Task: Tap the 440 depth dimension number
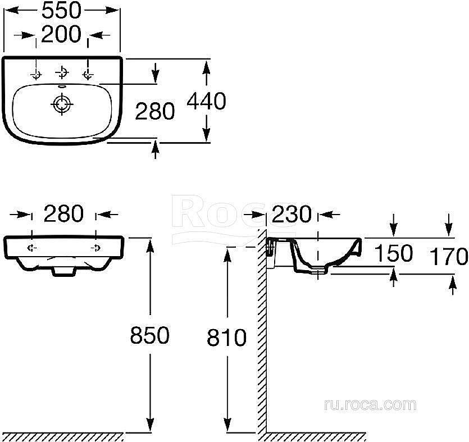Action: [x=206, y=101]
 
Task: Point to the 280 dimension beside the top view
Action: [x=155, y=111]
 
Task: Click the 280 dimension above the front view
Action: [x=63, y=214]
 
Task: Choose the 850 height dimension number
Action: [x=149, y=336]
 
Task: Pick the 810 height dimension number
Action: [x=227, y=338]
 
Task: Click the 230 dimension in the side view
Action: [x=292, y=214]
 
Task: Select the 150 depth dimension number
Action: [x=393, y=253]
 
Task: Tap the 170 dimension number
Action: [x=449, y=257]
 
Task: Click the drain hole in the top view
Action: [x=60, y=104]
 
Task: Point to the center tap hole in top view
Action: [x=61, y=72]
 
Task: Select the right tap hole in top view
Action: [x=87, y=74]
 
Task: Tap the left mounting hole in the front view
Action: [x=32, y=248]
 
